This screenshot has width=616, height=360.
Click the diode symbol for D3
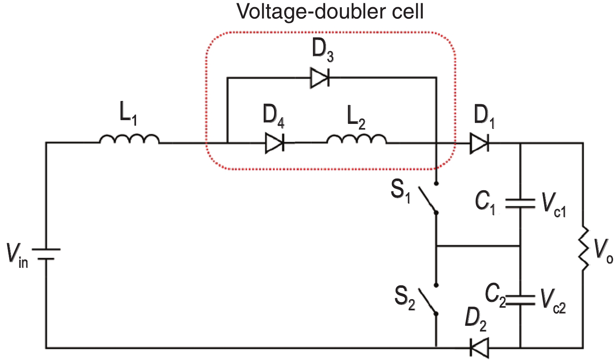[x=320, y=78]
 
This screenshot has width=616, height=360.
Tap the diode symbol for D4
[x=275, y=143]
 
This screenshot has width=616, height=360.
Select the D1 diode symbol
[x=480, y=143]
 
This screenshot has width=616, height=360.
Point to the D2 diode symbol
[x=479, y=347]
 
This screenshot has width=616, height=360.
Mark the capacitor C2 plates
[x=520, y=300]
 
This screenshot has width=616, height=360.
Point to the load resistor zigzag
[x=583, y=248]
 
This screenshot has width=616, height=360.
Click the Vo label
[x=603, y=252]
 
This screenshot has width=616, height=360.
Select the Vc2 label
[x=553, y=301]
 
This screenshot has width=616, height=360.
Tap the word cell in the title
[x=403, y=11]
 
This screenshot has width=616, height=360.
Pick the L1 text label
[x=128, y=113]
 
